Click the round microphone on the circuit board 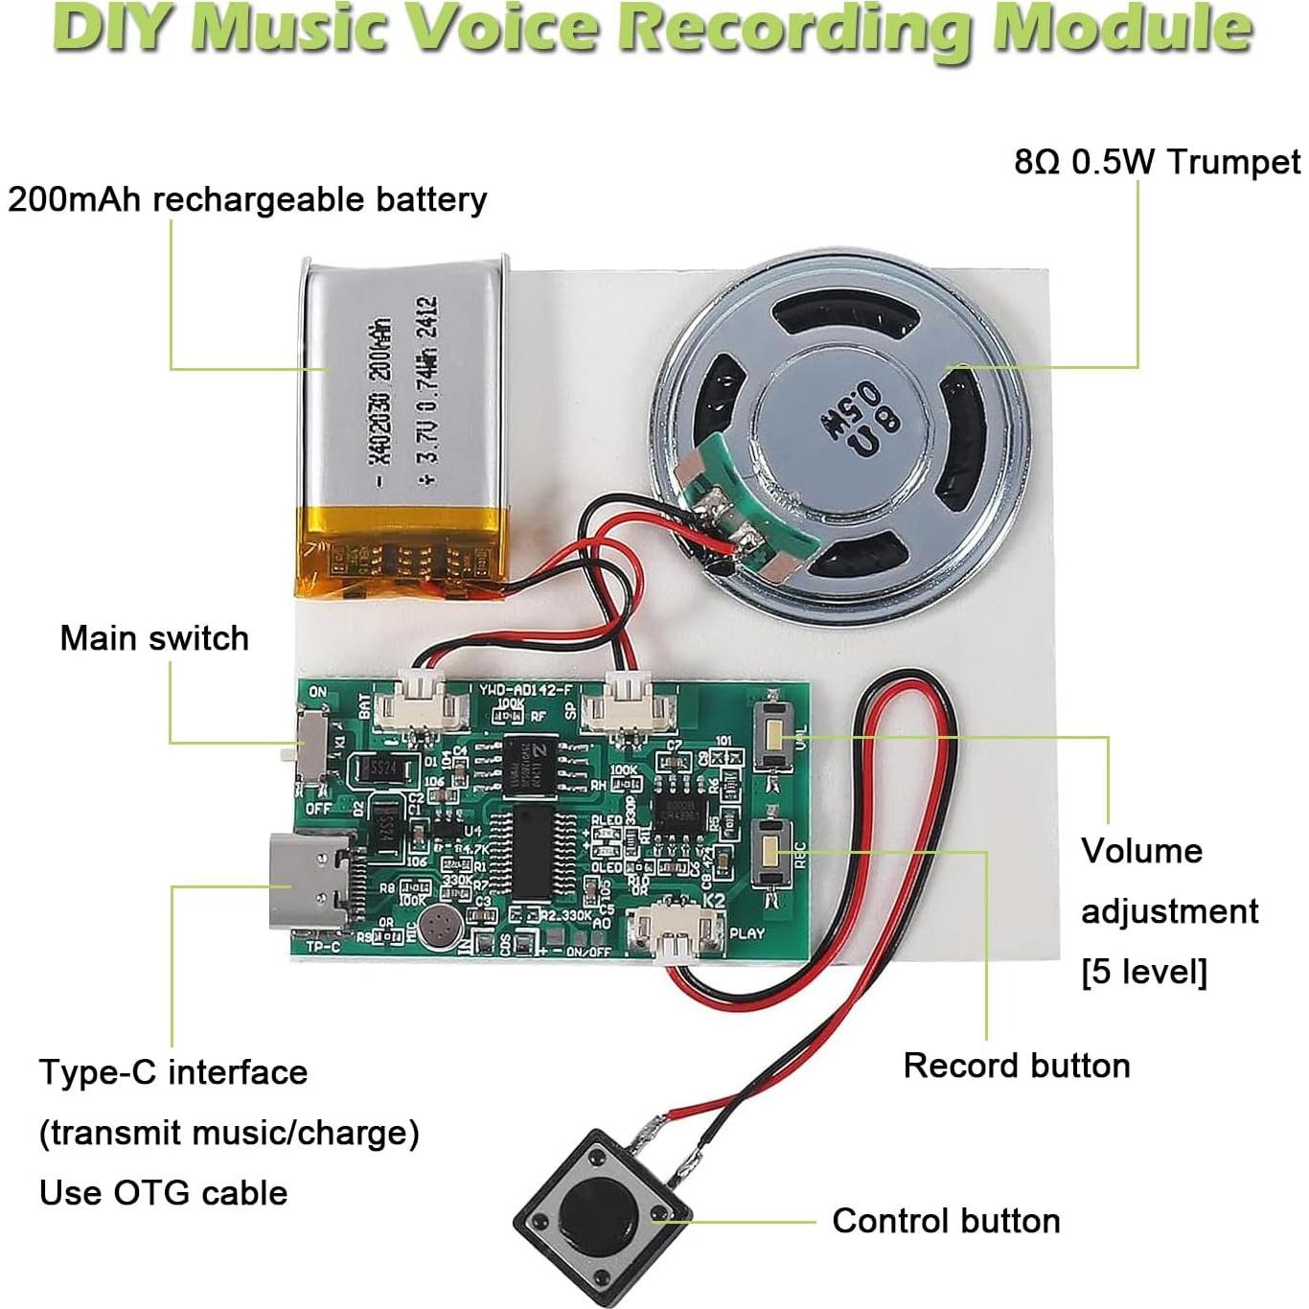441,927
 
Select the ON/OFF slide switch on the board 311,746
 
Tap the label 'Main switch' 154,638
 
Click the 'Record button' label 1017,1066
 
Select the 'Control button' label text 946,1221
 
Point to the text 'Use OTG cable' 164,1193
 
